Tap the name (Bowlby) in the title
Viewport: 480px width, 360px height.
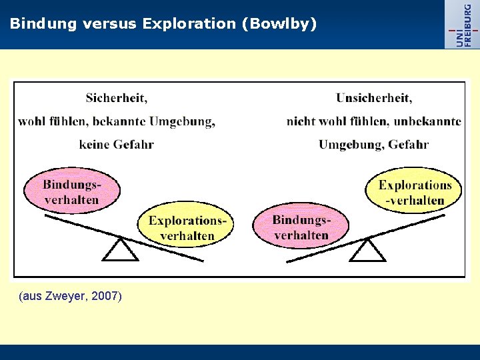tap(279, 24)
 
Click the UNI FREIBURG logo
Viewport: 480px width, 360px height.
tap(462, 24)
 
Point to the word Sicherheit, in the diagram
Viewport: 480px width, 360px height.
tap(116, 98)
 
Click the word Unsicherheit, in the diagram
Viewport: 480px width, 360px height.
tap(374, 98)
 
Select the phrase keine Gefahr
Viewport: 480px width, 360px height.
tap(116, 144)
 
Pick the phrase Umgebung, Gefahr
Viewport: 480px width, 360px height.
tap(373, 144)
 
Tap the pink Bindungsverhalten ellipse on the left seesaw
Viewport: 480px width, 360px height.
tap(71, 192)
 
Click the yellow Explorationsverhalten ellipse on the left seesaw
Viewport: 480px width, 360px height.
tap(187, 227)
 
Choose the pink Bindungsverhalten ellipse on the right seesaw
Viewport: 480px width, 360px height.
tap(301, 227)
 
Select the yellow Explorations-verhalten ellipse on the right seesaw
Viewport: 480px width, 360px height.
tap(414, 192)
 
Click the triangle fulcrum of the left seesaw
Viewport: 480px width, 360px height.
tap(121, 250)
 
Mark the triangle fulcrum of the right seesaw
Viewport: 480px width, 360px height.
tap(367, 250)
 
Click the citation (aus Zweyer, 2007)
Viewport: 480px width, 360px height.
tap(71, 296)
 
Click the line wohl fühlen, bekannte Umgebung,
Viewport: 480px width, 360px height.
tap(117, 121)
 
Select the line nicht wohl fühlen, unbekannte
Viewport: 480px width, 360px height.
tap(373, 121)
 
